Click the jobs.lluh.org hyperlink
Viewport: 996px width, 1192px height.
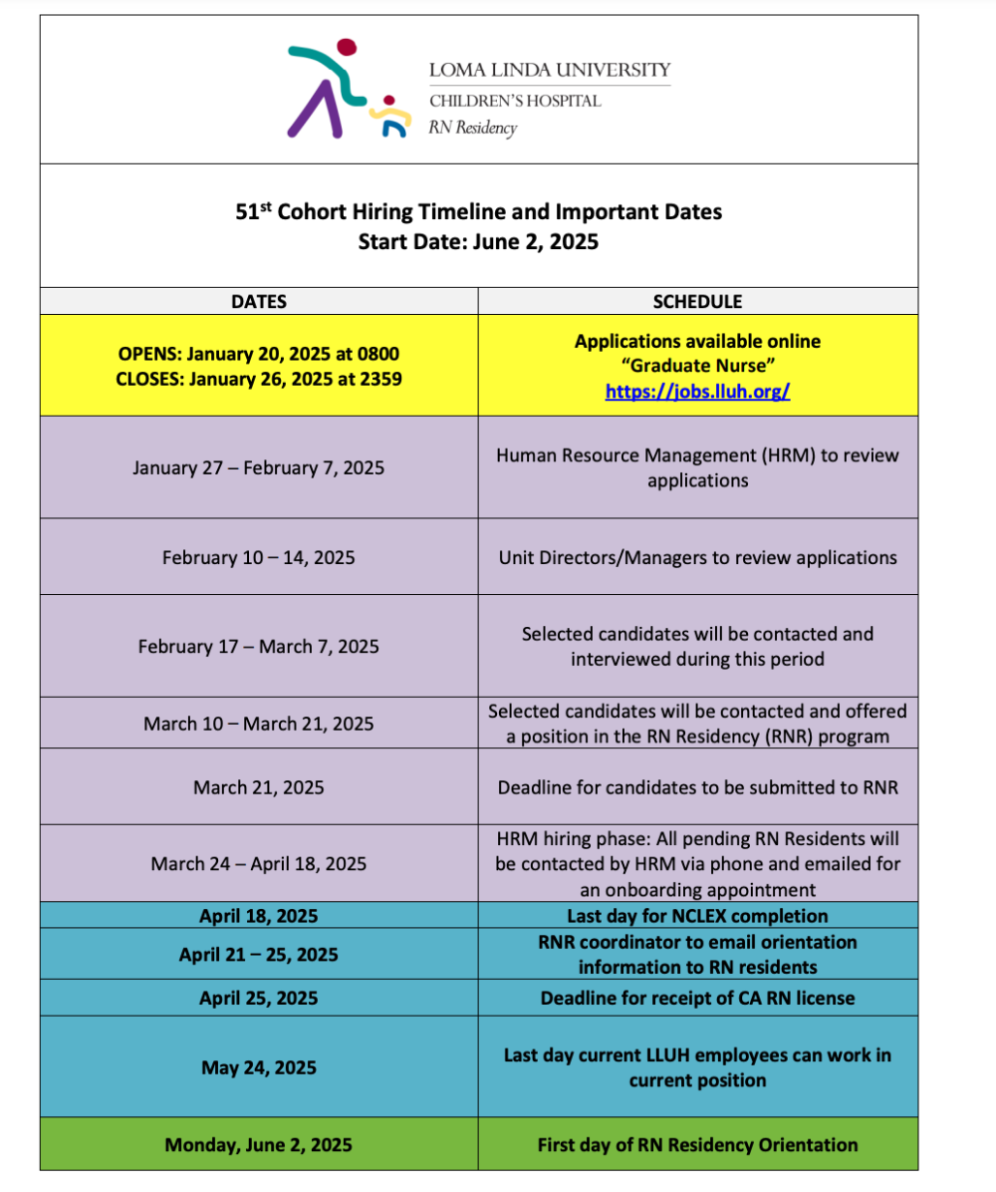click(x=697, y=392)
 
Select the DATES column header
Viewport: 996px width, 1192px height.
click(x=259, y=301)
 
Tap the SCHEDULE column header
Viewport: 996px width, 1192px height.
click(x=697, y=301)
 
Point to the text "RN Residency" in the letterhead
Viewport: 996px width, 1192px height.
click(x=473, y=127)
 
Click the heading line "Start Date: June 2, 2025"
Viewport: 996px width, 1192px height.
click(x=478, y=241)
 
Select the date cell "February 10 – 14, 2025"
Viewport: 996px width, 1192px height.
click(x=259, y=557)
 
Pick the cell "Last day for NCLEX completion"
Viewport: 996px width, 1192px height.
click(x=697, y=915)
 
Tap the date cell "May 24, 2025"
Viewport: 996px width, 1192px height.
click(x=259, y=1067)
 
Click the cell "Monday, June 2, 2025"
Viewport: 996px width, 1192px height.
click(x=259, y=1145)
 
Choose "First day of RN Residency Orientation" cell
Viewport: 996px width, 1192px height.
click(x=697, y=1145)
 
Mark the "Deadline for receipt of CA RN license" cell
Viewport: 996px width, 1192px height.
click(x=697, y=998)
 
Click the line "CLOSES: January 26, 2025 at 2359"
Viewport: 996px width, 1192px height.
click(x=259, y=379)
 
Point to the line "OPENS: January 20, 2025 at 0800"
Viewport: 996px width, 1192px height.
click(x=259, y=354)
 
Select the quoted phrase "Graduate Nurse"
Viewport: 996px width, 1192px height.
click(x=697, y=366)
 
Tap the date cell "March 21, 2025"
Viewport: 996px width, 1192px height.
click(x=259, y=787)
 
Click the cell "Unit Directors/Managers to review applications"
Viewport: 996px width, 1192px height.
click(x=697, y=557)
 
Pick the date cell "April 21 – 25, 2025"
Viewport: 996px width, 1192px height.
click(x=259, y=955)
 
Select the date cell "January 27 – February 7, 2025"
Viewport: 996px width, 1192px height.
click(x=259, y=466)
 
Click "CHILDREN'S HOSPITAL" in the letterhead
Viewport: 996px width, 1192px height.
click(x=515, y=101)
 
